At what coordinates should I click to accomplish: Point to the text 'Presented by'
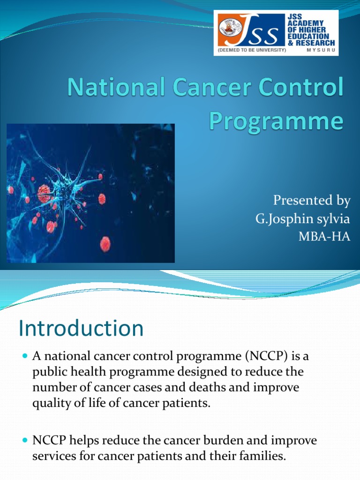[312, 201]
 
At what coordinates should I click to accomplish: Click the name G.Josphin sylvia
[303, 219]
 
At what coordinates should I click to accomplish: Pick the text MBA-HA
[324, 237]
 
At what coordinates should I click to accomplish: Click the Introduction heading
[81, 329]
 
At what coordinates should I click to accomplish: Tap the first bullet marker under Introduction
[25, 358]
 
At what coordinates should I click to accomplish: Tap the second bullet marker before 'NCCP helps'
[25, 442]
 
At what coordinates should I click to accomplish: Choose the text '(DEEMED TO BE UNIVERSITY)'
[251, 49]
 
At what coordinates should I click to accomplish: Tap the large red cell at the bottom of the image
[105, 244]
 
